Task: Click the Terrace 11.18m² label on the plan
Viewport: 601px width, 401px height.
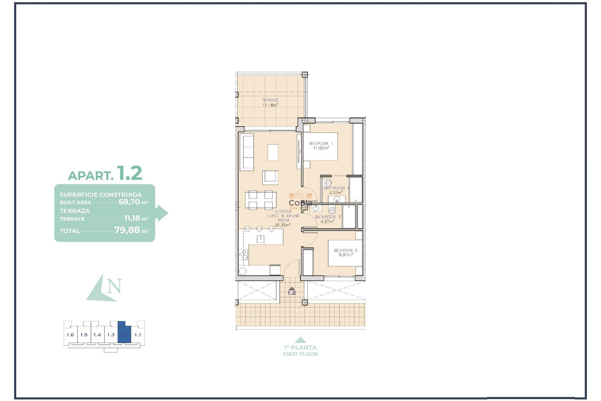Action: coord(270,102)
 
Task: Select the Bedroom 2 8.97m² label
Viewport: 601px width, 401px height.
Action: coord(346,253)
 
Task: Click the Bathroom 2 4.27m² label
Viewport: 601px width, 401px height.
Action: coord(328,219)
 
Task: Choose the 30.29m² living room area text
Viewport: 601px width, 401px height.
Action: coord(282,225)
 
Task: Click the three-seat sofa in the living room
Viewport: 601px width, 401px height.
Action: coord(247,152)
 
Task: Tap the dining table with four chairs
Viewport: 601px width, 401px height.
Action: coord(260,200)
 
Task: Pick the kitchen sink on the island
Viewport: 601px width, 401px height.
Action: coord(260,239)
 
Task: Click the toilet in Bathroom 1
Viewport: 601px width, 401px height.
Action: coord(328,183)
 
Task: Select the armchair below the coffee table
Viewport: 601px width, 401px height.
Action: coord(270,177)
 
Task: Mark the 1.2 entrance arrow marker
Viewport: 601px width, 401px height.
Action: coord(292,291)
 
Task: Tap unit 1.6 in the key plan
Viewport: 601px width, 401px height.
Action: coord(70,335)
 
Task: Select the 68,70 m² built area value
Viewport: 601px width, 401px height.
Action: coord(133,202)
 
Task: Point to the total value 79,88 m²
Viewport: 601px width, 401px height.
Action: coord(131,230)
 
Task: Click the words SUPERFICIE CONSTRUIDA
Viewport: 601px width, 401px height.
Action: coord(101,195)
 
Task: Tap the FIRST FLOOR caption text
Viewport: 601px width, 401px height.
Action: coord(300,354)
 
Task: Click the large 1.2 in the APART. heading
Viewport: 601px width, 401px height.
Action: coord(130,173)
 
